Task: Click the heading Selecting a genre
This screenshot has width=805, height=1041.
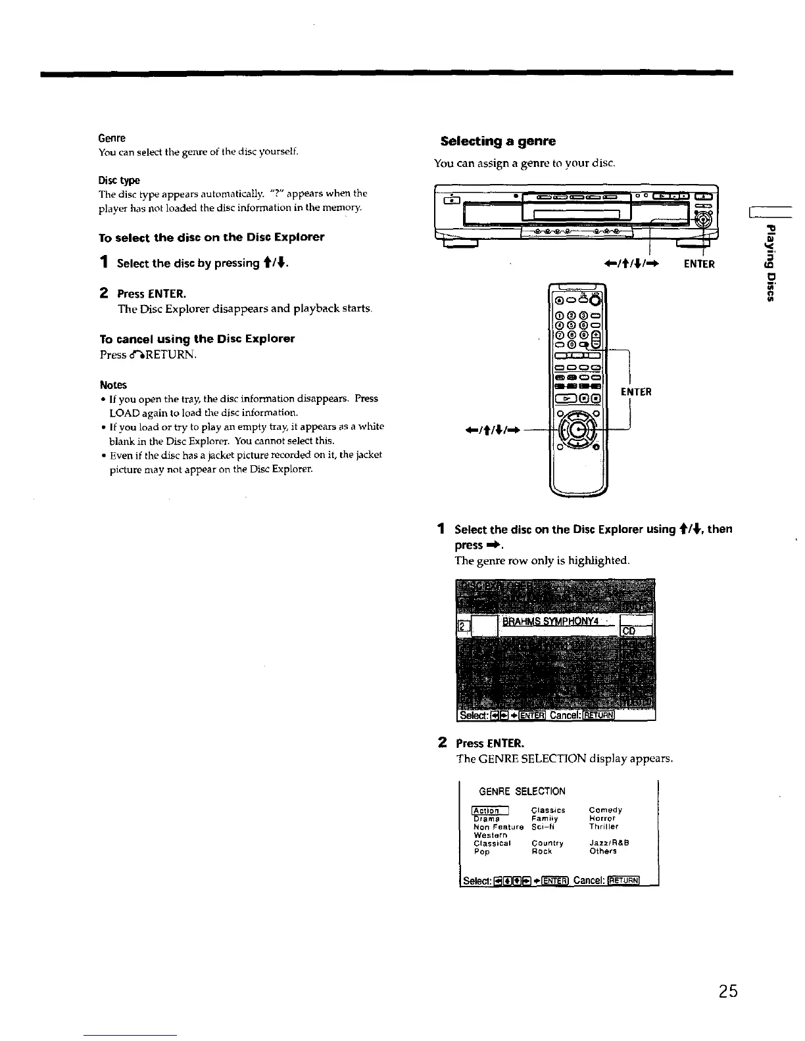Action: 498,141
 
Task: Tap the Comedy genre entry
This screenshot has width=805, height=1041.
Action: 606,810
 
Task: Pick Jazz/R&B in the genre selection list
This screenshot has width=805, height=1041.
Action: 610,843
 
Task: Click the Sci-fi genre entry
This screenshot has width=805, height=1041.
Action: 544,827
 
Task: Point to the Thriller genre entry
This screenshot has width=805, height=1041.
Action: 604,827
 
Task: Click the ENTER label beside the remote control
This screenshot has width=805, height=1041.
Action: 636,392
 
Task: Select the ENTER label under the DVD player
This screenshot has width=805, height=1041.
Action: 698,264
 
